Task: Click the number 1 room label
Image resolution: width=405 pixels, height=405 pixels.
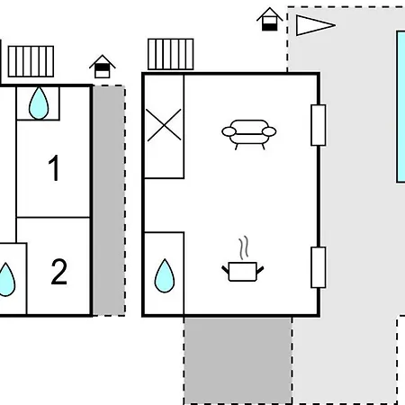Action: [x=54, y=168]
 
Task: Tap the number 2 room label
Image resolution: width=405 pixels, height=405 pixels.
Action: [x=59, y=272]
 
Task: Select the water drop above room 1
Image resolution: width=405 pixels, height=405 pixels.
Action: [x=39, y=103]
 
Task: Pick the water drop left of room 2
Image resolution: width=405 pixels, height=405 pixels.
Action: [x=6, y=280]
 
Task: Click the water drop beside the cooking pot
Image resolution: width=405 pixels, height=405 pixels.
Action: [x=165, y=275]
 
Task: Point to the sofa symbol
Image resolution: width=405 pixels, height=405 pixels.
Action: [x=249, y=134]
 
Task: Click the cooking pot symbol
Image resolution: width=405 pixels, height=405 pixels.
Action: [x=243, y=272]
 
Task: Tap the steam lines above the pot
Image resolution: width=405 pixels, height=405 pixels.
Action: [x=244, y=247]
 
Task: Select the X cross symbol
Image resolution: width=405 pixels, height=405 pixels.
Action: [x=164, y=125]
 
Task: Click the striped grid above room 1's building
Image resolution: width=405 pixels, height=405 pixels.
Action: [x=31, y=61]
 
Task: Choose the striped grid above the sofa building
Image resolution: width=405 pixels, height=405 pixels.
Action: [x=171, y=54]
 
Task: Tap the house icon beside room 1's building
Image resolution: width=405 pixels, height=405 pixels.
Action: [x=103, y=67]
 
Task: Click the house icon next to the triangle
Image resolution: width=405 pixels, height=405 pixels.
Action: [x=270, y=19]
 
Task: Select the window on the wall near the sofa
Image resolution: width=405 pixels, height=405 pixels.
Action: [x=319, y=125]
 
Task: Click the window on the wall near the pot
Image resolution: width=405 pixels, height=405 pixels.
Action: [x=319, y=267]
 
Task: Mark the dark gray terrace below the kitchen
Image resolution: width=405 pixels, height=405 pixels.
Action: [x=238, y=361]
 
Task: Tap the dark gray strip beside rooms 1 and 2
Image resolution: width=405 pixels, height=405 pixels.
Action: [x=109, y=201]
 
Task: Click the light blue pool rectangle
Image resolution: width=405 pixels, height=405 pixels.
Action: [x=400, y=106]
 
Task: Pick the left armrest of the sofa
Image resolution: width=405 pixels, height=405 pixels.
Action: [x=229, y=131]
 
